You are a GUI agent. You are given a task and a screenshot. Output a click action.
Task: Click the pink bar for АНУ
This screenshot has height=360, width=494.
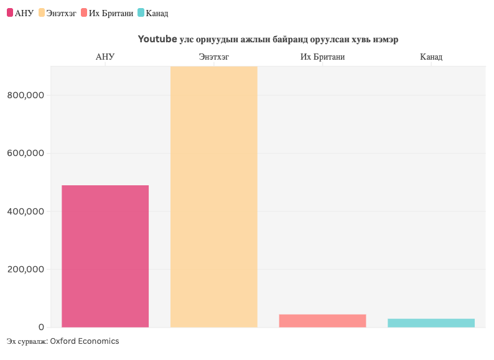point(105,256)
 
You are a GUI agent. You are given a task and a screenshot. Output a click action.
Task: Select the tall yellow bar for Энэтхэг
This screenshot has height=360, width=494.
point(213,196)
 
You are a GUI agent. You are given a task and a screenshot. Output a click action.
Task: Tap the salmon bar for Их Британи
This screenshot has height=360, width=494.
point(322,321)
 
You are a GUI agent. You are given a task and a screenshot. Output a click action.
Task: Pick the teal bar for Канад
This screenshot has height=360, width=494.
point(431,323)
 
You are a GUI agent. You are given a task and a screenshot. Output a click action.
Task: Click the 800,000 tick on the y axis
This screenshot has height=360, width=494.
point(26,95)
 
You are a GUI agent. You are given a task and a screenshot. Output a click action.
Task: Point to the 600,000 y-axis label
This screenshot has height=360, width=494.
point(26,154)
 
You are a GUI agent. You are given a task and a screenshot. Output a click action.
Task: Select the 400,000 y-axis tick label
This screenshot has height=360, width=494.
point(26,211)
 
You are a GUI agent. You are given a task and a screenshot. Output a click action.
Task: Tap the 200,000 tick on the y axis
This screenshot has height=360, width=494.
point(26,269)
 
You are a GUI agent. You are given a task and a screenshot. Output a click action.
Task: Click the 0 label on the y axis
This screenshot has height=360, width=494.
point(41,327)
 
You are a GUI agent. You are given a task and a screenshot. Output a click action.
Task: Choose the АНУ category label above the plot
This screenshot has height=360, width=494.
point(105,57)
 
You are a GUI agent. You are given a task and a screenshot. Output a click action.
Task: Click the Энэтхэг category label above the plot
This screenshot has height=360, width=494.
point(213,57)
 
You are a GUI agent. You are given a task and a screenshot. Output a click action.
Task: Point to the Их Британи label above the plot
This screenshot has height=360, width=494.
point(322,57)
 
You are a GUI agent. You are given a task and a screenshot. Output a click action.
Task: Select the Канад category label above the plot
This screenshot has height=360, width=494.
point(431,57)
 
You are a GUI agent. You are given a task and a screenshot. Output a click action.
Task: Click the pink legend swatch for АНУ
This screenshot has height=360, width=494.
point(10,12)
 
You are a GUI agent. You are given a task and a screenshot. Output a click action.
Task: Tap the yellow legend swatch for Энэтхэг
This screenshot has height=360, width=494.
point(42,12)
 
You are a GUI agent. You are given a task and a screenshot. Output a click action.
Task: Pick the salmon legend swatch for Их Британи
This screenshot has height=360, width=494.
point(84,12)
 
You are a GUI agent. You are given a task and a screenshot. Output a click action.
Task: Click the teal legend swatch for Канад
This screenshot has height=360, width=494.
point(141,12)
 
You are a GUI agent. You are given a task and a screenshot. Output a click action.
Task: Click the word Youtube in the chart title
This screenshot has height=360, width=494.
point(157,39)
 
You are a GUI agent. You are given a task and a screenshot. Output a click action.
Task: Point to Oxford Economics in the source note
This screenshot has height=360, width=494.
point(84,341)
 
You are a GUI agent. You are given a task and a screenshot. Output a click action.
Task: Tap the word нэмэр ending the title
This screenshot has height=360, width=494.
point(384,39)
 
